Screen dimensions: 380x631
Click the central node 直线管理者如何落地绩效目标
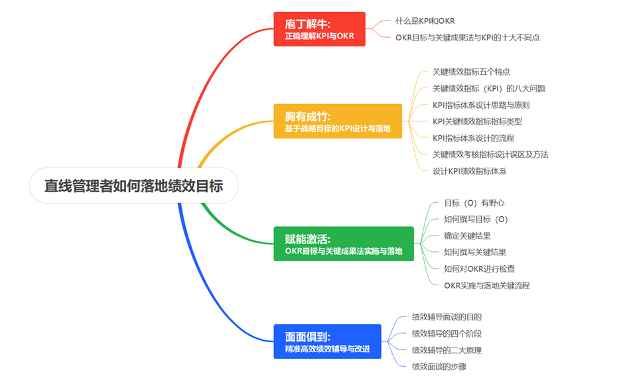(133, 186)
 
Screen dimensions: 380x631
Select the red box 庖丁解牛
(320, 29)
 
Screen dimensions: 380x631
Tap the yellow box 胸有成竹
(338, 121)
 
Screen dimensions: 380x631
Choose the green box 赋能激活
(343, 244)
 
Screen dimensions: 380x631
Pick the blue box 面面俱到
(327, 342)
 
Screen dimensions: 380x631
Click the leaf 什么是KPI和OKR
(425, 21)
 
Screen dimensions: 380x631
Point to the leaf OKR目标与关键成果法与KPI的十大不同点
(467, 38)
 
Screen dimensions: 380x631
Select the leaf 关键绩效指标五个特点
(471, 72)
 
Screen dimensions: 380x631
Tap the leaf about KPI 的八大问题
(489, 88)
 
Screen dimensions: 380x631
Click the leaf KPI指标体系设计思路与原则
(481, 105)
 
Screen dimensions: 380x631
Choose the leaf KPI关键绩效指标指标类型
(477, 121)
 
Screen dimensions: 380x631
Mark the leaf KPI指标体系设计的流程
(473, 138)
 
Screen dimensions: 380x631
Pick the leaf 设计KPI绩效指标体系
(469, 171)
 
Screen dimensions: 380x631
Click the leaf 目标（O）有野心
(474, 203)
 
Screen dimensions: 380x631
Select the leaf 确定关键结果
(467, 236)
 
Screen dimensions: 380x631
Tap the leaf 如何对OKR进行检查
(479, 269)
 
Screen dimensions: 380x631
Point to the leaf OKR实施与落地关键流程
(486, 286)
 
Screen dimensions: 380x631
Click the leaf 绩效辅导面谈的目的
(447, 317)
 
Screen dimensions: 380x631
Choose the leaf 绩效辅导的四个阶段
(447, 334)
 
